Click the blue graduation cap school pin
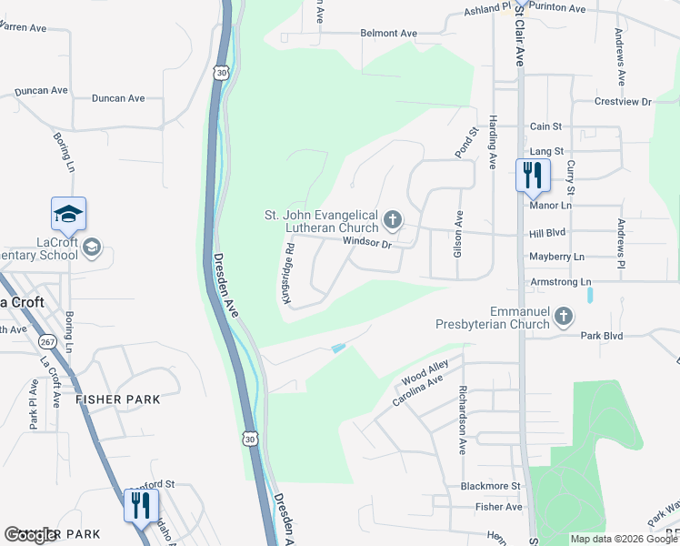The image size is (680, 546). pyautogui.click(x=69, y=215)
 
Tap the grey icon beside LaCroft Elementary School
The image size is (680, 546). pyautogui.click(x=91, y=248)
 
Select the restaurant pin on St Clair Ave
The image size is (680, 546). pyautogui.click(x=533, y=176)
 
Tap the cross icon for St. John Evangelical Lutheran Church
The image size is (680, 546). pyautogui.click(x=393, y=219)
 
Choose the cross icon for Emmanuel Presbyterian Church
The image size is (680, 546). pyautogui.click(x=565, y=317)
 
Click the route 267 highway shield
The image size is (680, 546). pyautogui.click(x=47, y=342)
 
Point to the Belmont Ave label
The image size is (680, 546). pyautogui.click(x=388, y=34)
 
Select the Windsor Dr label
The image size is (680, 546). pyautogui.click(x=366, y=243)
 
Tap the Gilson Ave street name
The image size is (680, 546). pyautogui.click(x=458, y=232)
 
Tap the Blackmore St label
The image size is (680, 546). pyautogui.click(x=490, y=487)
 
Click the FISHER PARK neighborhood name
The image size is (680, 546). pyautogui.click(x=118, y=399)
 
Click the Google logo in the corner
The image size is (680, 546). pyautogui.click(x=32, y=535)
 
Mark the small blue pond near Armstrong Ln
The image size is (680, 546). pyautogui.click(x=590, y=295)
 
